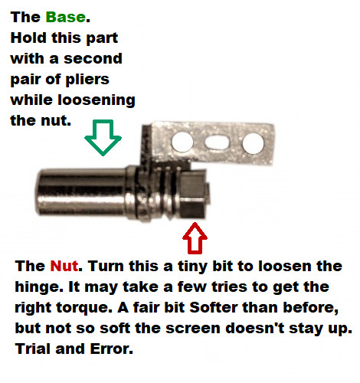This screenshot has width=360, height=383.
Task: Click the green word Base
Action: tap(66, 17)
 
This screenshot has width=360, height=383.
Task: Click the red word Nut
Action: tap(64, 266)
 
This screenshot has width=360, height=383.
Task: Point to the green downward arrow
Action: tap(103, 137)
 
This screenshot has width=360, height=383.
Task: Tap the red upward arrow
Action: tap(195, 238)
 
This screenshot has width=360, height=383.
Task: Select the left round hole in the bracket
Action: tap(182, 142)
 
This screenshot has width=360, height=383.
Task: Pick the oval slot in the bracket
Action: tap(217, 142)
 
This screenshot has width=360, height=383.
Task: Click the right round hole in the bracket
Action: tap(253, 143)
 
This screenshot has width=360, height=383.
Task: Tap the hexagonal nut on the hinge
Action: tap(193, 195)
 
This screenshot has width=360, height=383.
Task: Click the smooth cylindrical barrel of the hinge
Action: tap(82, 192)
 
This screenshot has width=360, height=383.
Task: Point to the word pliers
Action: tap(87, 80)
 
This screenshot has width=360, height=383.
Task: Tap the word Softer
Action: tap(214, 307)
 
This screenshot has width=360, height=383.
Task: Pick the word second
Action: tap(93, 59)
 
